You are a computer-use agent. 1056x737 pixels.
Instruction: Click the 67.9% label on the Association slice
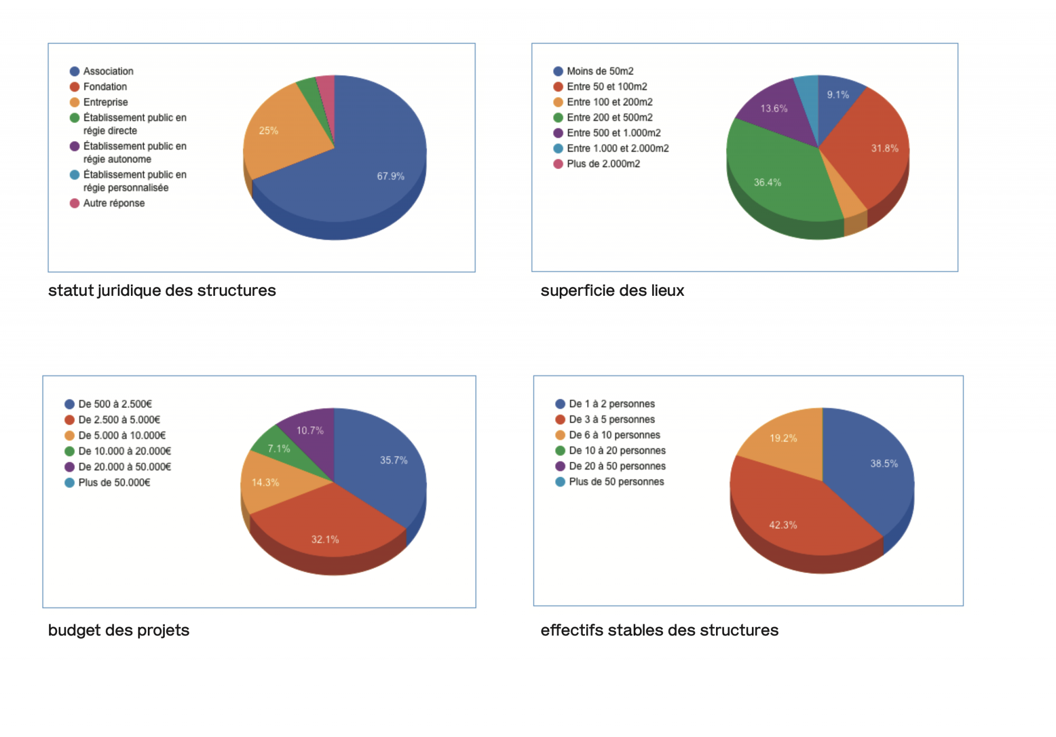coord(390,176)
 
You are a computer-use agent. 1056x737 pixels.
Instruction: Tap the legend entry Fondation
coord(105,87)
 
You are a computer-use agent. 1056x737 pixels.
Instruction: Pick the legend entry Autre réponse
coord(114,203)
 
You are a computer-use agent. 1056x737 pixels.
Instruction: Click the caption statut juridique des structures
coord(162,291)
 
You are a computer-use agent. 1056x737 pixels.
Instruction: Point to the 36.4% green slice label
coord(767,182)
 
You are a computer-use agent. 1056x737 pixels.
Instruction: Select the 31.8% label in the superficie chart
coord(884,148)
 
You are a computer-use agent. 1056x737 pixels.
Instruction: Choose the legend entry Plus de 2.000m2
coord(603,164)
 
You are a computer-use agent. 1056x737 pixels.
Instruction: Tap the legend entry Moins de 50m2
coord(600,71)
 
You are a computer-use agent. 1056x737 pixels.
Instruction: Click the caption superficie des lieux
coord(612,291)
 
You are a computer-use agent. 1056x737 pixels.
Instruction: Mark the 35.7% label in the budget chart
coord(393,460)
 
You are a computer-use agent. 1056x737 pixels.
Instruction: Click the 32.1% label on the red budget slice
coord(325,539)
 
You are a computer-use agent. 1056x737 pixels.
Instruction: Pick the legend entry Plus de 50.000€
coord(114,482)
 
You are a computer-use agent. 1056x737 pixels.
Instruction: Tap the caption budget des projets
coord(118,630)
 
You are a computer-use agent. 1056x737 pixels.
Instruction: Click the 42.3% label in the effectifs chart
coord(782,525)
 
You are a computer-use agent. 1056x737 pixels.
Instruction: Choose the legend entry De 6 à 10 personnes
coord(614,435)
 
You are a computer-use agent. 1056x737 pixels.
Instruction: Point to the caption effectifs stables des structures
coord(659,630)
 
